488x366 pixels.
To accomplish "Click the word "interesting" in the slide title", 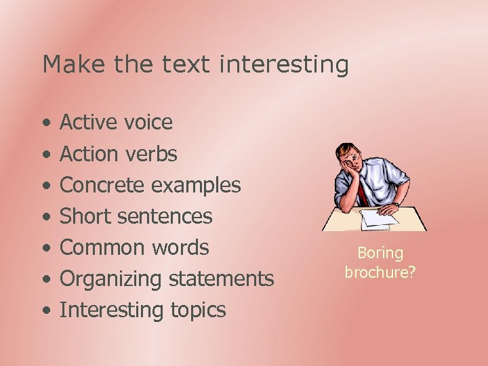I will [x=285, y=65].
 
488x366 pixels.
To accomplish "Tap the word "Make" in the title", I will [x=65, y=65].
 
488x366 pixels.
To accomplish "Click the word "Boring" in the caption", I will [x=380, y=253].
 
